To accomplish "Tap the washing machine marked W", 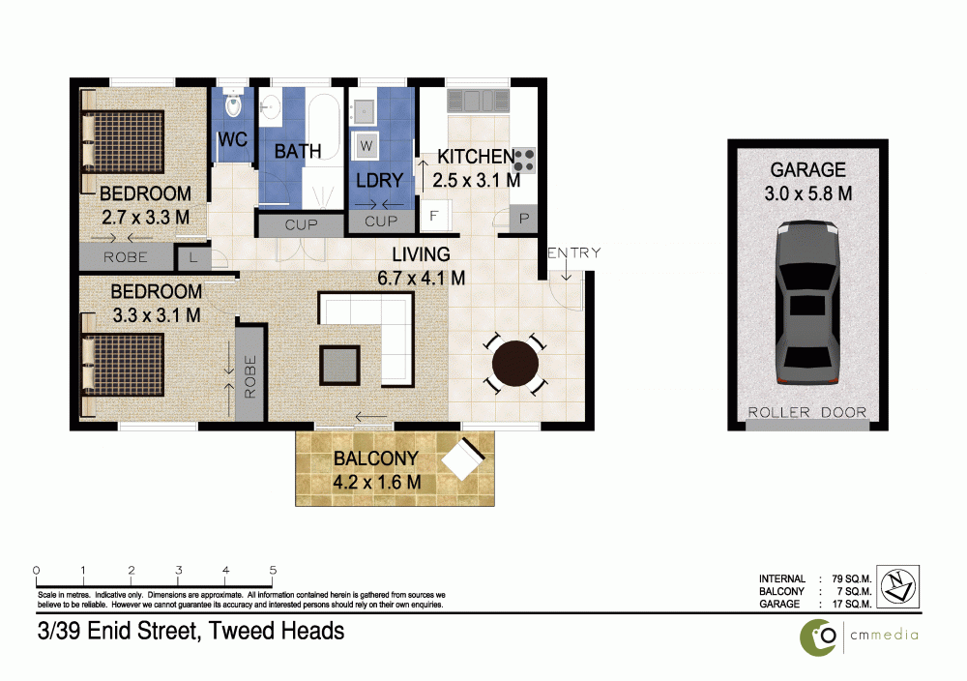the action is pyautogui.click(x=366, y=146).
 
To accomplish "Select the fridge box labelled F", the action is pyautogui.click(x=434, y=216).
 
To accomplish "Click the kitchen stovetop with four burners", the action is pyautogui.click(x=524, y=161).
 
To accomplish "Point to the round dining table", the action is pyautogui.click(x=515, y=364).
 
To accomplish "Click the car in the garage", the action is pyautogui.click(x=807, y=302).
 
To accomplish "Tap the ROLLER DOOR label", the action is pyautogui.click(x=807, y=412).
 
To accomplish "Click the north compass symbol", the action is pyautogui.click(x=897, y=586).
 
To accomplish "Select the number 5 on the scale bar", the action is pyautogui.click(x=273, y=570).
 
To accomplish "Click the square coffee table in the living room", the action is pyautogui.click(x=339, y=366).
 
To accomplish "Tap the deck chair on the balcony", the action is pyautogui.click(x=463, y=459).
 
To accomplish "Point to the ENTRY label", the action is pyautogui.click(x=574, y=252).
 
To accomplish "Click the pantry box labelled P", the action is pyautogui.click(x=524, y=219).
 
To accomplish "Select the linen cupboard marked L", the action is pyautogui.click(x=193, y=258).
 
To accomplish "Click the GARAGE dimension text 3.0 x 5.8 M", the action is pyautogui.click(x=807, y=193).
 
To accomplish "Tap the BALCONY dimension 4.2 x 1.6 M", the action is pyautogui.click(x=377, y=482).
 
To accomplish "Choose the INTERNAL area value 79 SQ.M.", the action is pyautogui.click(x=852, y=578).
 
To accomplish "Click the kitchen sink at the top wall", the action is pyautogui.click(x=479, y=101).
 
